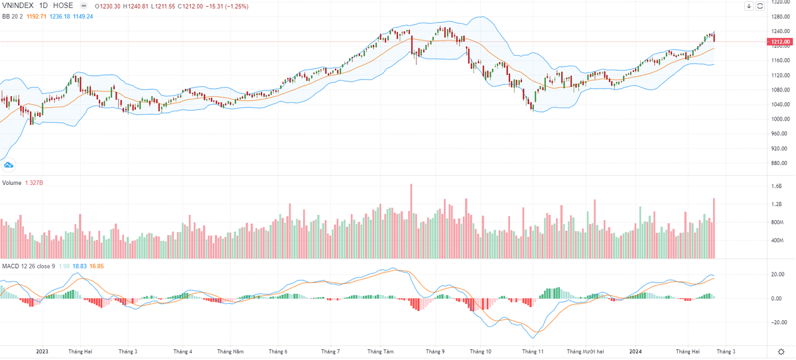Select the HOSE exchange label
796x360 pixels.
64,6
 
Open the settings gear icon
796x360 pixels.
780,351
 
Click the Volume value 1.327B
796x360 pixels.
35,182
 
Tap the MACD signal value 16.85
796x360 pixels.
97,266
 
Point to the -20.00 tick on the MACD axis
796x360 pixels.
777,323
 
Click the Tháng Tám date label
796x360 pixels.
380,351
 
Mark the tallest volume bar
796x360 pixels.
411,221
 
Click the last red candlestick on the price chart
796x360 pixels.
714,37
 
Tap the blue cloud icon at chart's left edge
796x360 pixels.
9,165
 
